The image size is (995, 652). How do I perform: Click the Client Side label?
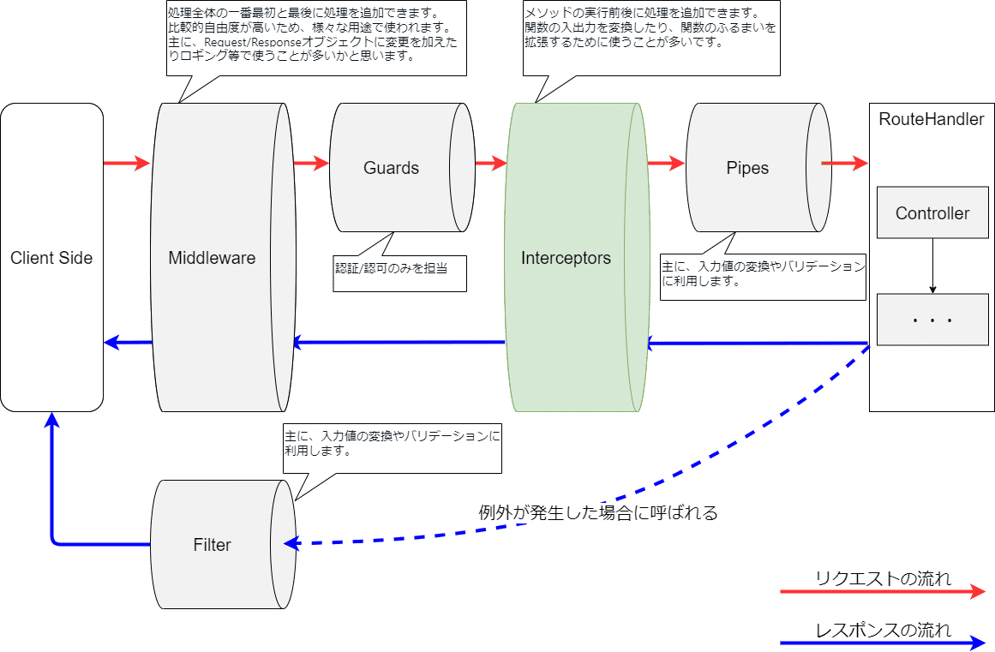[51, 258]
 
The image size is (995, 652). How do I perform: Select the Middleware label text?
[212, 258]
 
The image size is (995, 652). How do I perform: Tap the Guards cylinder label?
[391, 168]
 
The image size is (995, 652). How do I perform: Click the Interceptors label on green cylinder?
[566, 258]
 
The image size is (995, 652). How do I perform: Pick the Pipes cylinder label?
[747, 168]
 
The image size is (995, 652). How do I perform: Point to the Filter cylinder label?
[212, 545]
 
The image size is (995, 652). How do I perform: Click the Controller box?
[932, 213]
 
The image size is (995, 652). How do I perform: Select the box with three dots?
[932, 320]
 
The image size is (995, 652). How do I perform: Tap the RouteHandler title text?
[932, 120]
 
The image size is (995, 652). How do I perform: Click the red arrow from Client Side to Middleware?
[127, 163]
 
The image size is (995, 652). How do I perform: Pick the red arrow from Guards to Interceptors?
[491, 163]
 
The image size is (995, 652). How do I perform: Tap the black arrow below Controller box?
[932, 266]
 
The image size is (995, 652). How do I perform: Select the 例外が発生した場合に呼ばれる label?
[597, 514]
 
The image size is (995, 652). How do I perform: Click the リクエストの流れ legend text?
[883, 579]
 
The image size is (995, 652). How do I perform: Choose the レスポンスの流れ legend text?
[883, 631]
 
